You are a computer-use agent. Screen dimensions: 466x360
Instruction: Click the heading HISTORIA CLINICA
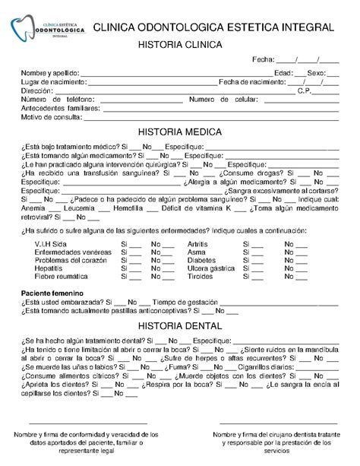tap(179, 46)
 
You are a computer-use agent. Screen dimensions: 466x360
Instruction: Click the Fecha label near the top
tap(263, 61)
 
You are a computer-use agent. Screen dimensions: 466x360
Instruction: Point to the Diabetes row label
tap(201, 260)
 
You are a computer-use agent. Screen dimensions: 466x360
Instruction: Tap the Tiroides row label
tap(201, 277)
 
